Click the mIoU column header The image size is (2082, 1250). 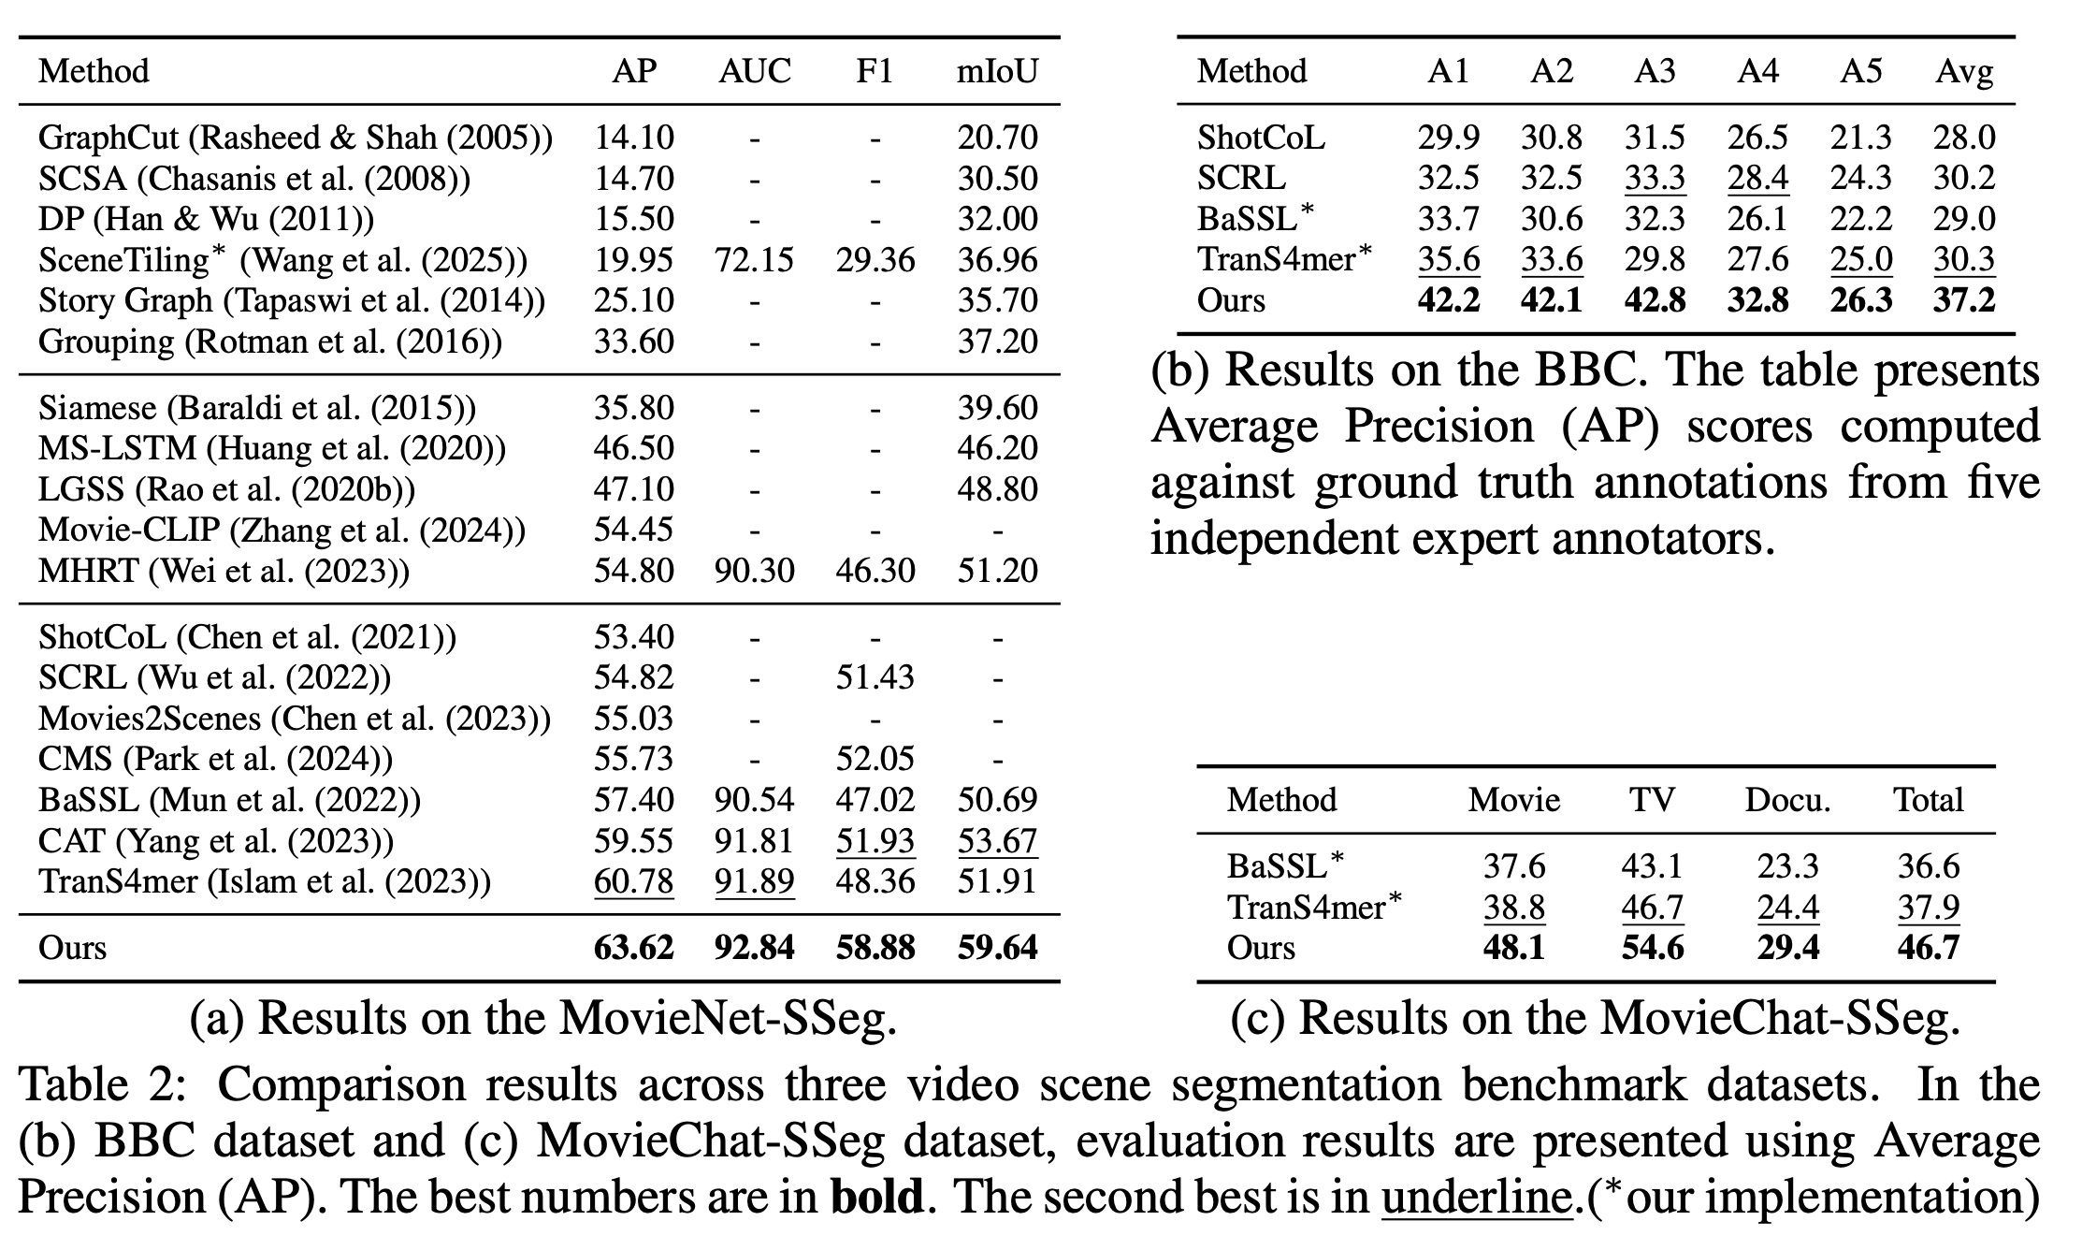point(997,71)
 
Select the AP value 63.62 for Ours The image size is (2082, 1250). point(633,948)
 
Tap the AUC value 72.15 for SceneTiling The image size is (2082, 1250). point(754,259)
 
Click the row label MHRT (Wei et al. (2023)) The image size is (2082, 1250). point(224,570)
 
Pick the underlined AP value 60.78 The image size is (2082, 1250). point(633,881)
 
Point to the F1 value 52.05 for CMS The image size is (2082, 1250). point(875,759)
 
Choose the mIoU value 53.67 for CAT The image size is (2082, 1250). point(997,840)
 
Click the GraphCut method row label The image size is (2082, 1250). point(296,138)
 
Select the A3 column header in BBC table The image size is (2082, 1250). point(1655,71)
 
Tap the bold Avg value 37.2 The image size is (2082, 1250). point(1964,300)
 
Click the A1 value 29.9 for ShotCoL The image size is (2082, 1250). point(1448,138)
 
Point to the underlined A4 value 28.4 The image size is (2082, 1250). point(1757,178)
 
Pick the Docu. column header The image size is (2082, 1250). point(1787,800)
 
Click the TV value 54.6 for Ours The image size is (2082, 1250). point(1652,948)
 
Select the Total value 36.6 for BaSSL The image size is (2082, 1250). point(1928,866)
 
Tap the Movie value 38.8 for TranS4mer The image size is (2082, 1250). point(1513,907)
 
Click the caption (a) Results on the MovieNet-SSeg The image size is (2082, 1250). point(542,1018)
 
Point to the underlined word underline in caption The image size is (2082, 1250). point(1477,1196)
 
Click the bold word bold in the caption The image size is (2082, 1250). point(876,1196)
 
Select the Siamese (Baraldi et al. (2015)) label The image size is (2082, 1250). point(257,408)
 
